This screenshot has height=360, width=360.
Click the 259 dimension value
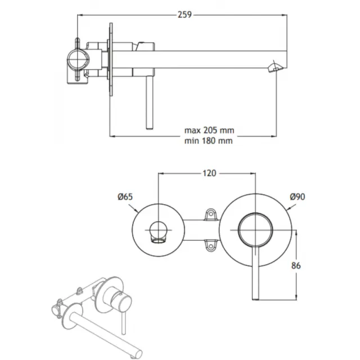coord(184,15)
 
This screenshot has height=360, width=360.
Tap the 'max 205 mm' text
coord(209,130)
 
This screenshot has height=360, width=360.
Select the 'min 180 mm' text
coord(209,141)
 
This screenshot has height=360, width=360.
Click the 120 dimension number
coord(209,173)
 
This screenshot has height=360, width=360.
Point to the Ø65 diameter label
coord(125,197)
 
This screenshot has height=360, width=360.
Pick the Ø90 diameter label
coord(298,197)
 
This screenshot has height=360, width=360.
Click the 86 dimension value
coord(296,265)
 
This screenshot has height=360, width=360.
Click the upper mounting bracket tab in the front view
coord(210,214)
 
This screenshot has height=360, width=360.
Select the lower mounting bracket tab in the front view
coord(210,245)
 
